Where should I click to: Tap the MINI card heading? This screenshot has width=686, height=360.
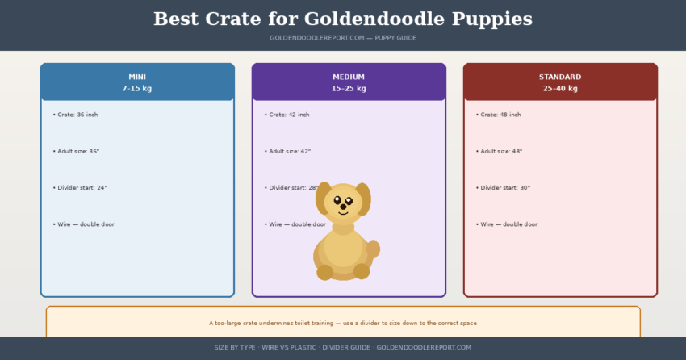pos(137,77)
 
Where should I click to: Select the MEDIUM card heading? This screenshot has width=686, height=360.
pos(349,77)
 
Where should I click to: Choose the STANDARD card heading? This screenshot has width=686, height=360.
pos(560,77)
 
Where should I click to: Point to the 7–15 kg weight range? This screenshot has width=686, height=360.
pos(137,88)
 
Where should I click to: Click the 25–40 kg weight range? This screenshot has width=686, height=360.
pos(560,88)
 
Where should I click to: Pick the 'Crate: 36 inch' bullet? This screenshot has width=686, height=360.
pos(77,115)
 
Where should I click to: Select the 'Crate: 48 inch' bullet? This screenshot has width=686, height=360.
pos(500,115)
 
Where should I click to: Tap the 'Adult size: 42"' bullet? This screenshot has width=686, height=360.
pos(289,151)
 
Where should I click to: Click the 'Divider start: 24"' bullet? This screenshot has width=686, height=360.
pos(82,187)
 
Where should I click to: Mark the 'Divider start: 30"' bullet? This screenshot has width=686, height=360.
pos(504,187)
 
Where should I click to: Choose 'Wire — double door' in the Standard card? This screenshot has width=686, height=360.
pos(508,224)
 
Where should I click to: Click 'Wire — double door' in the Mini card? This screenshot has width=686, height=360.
pos(86,224)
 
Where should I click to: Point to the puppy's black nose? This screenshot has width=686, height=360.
pos(343,207)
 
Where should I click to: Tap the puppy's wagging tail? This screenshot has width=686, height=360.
pos(374,251)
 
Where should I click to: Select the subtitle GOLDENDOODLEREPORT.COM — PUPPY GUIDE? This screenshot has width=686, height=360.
pos(343,38)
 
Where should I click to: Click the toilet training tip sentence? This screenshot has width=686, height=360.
pos(343,323)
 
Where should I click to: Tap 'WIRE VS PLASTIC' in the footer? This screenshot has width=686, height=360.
pos(289,347)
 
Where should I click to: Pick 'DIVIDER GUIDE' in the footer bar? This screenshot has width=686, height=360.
pos(346,347)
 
